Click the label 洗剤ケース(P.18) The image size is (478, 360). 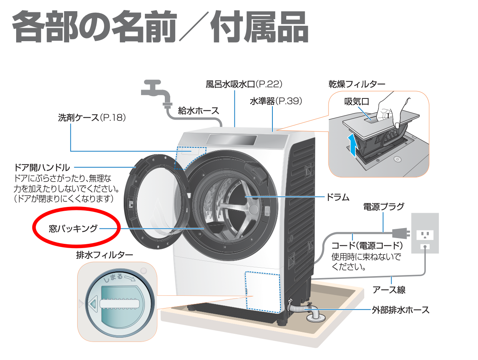[92, 118]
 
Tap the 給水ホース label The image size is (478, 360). [198, 111]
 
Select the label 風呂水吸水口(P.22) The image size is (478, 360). [244, 84]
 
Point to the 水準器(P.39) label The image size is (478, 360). [276, 101]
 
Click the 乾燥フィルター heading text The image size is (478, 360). [357, 84]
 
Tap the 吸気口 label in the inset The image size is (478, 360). [357, 102]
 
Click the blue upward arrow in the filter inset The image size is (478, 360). [352, 145]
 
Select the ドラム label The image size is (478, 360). [337, 197]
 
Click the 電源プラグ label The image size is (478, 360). [383, 207]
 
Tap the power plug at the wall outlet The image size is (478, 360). [401, 233]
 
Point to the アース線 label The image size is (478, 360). [389, 290]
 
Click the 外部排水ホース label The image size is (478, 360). [400, 310]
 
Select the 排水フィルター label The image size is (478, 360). [105, 255]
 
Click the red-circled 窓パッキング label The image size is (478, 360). [73, 228]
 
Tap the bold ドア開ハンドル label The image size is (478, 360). [42, 168]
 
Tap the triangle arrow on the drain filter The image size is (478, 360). [92, 304]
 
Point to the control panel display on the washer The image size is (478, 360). [231, 140]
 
